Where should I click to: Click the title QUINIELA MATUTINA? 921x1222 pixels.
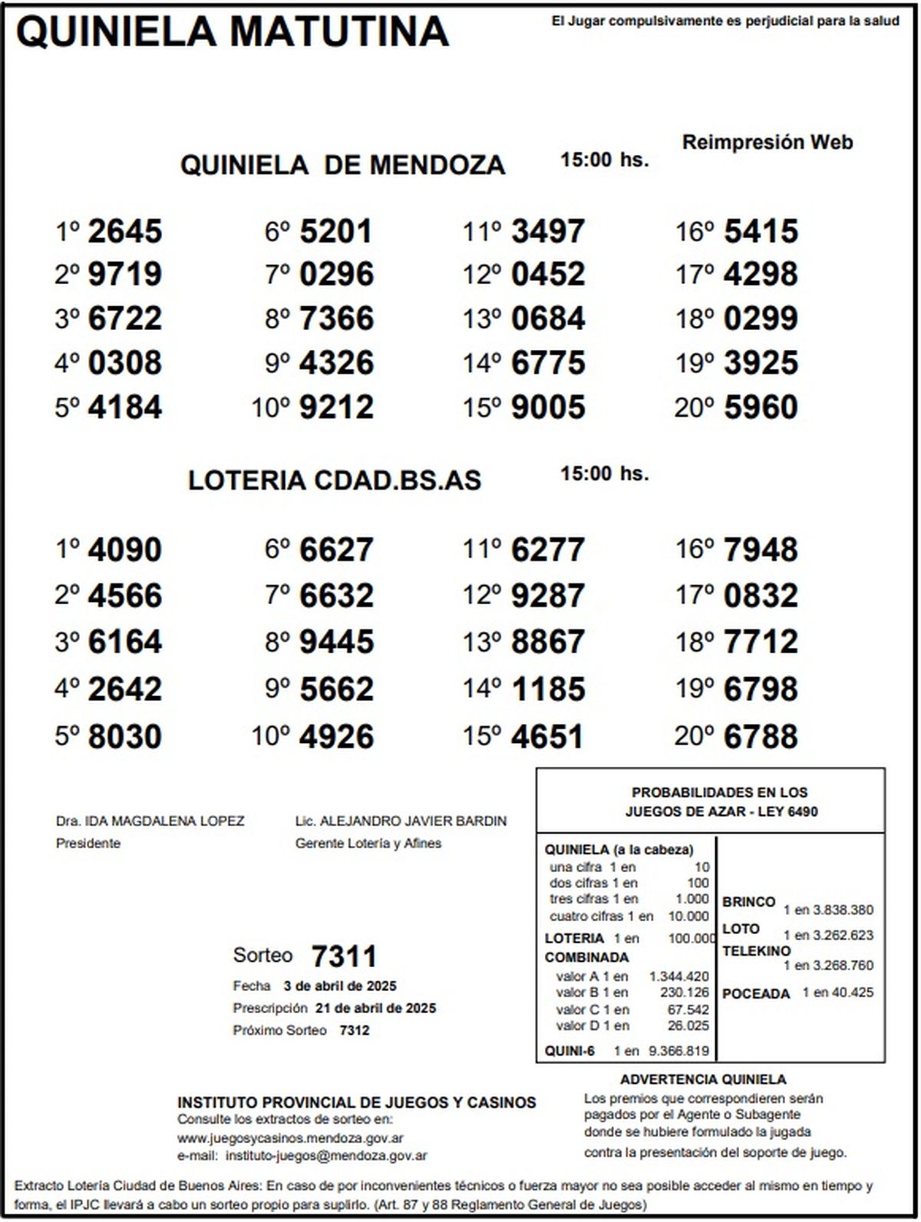pos(232,32)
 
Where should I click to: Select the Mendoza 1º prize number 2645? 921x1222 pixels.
pos(125,231)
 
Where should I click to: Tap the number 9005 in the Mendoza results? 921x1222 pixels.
pos(548,407)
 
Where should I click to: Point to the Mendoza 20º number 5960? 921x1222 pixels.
pos(761,407)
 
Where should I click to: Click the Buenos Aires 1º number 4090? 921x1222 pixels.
pos(125,550)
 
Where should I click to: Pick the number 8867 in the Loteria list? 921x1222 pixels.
pos(548,642)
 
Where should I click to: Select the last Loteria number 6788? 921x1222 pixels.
pos(761,736)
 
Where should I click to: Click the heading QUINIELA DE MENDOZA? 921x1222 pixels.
pos(342,165)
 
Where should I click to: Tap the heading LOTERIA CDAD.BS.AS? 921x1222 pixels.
pos(335,481)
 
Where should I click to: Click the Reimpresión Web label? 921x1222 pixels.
pos(767,142)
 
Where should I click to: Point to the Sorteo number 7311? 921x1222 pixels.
pos(344,956)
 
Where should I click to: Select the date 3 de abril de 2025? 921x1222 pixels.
pos(339,986)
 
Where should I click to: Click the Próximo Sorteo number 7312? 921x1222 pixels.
pos(354,1030)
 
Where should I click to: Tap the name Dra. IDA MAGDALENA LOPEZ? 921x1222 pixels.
pos(150,821)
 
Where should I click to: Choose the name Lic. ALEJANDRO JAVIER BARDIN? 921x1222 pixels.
pos(401,821)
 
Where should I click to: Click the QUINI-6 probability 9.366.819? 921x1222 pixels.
pos(678,1051)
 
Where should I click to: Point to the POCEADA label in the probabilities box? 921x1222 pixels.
pos(756,994)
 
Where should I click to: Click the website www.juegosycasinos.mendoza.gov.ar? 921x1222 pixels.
pos(291,1139)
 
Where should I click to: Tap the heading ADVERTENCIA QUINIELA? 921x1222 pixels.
pos(703,1079)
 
